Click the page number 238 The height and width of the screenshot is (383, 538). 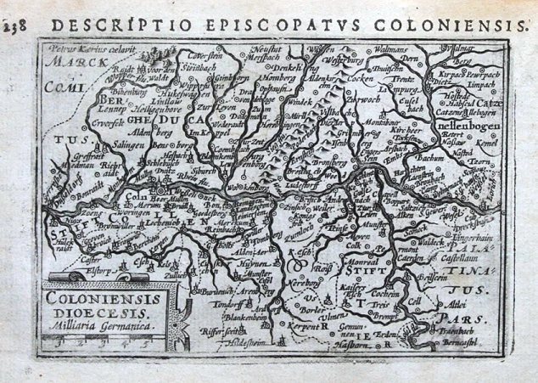click(13, 25)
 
